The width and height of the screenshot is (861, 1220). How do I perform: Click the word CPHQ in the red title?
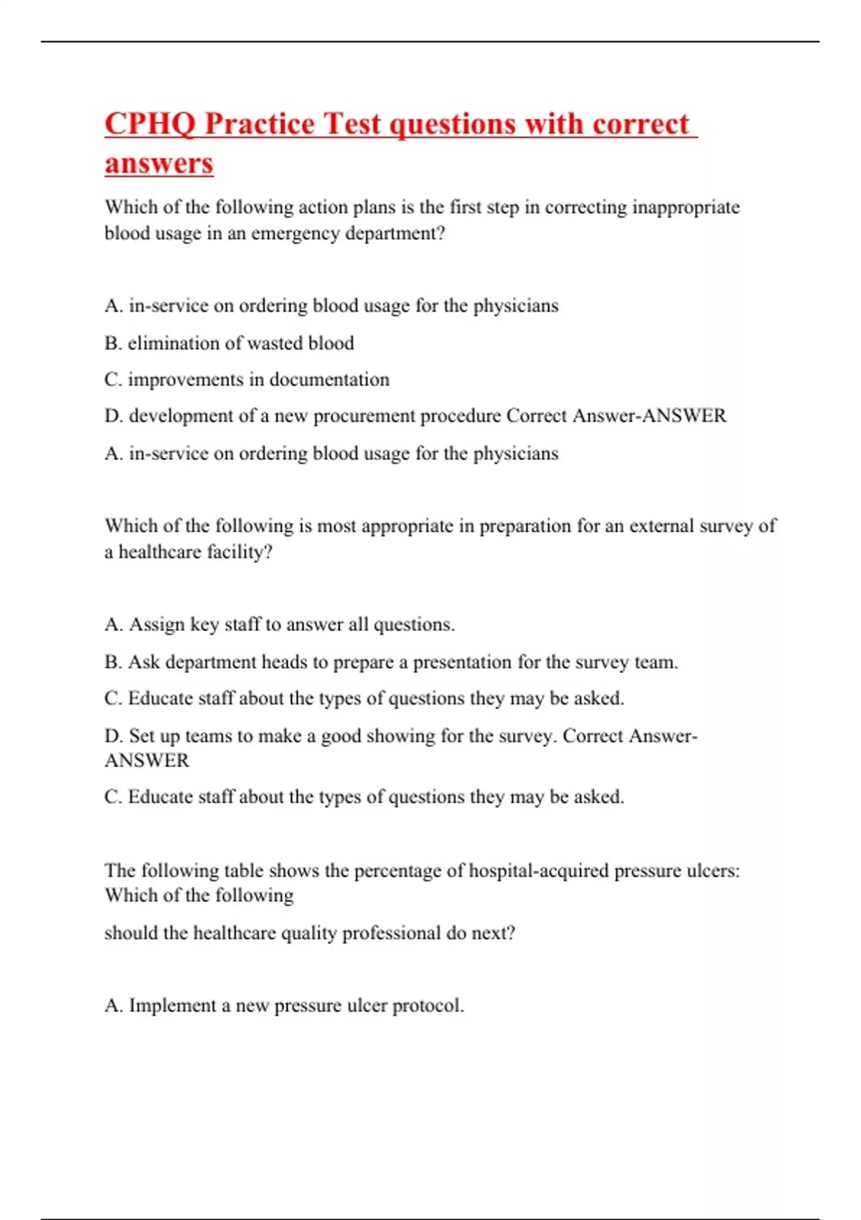(x=149, y=124)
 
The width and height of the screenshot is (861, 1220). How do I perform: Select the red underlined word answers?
(x=159, y=163)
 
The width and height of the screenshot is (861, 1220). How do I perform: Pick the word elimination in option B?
(x=173, y=343)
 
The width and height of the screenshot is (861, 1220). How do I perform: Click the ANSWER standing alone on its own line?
(x=146, y=761)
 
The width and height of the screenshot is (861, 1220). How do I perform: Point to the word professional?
(x=390, y=933)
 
